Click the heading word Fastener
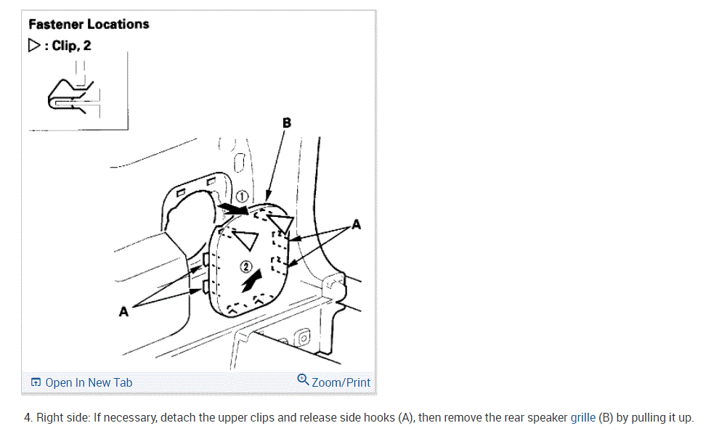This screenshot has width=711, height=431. point(55,24)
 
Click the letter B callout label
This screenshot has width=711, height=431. point(287,123)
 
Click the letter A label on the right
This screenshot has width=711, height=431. point(356,225)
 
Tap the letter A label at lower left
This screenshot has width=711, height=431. point(123,311)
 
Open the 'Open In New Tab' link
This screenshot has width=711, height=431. point(81,382)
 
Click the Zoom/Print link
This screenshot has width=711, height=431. point(341,382)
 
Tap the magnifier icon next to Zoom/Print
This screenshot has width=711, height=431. point(304,380)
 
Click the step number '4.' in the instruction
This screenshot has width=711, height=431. point(30,418)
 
